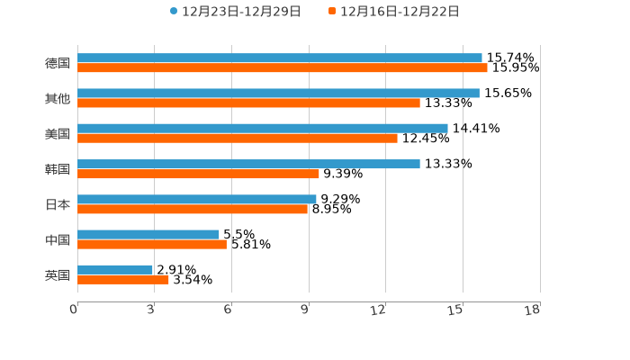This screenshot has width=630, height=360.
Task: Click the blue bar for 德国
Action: point(279,58)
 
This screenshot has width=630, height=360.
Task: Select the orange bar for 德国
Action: point(282,67)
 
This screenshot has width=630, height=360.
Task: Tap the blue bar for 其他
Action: point(278,93)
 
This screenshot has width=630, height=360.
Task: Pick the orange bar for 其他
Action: point(248,103)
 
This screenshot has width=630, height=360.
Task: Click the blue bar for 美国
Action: point(262,128)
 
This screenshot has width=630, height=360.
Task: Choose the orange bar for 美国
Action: point(237,138)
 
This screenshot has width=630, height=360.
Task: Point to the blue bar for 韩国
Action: point(248,164)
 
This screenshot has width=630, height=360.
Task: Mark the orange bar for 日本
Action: point(192,209)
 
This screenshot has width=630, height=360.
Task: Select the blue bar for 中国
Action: point(148,234)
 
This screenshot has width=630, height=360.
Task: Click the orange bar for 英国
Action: point(122,279)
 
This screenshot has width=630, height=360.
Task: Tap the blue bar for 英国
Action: point(114,269)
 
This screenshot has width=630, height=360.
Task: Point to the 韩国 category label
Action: point(58,169)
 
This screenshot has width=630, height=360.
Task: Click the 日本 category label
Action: point(58,204)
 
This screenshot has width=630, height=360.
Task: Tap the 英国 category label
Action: point(58,274)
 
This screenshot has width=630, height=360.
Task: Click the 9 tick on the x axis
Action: point(305,310)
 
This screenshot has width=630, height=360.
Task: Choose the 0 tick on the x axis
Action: point(74,310)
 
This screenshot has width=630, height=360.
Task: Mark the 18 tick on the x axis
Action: point(534,310)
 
